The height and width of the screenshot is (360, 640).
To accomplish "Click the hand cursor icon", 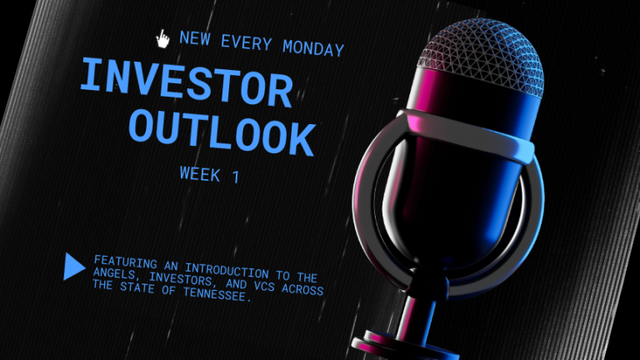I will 162,38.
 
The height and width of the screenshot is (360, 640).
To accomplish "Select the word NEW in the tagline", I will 195,38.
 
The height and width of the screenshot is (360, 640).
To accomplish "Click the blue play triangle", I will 74,266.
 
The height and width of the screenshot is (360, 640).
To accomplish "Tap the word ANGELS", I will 116,273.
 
